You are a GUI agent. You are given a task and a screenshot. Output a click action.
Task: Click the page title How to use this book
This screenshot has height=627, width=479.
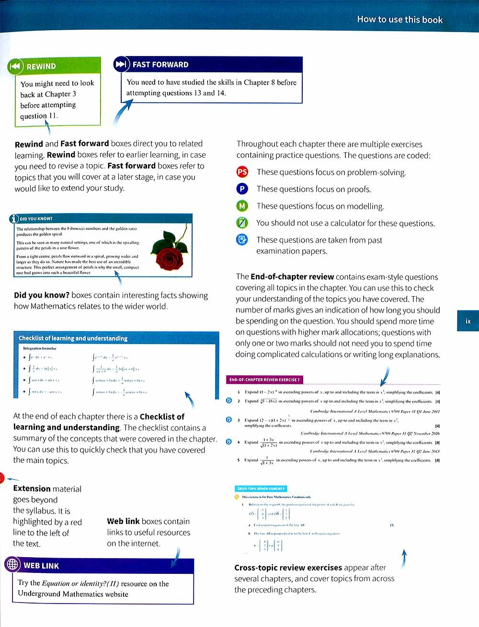pyautogui.click(x=399, y=20)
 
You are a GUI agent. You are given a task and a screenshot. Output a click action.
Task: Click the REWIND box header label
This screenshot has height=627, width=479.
pyautogui.click(x=41, y=67)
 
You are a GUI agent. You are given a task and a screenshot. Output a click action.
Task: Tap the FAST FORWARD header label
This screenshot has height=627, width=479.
pyautogui.click(x=160, y=65)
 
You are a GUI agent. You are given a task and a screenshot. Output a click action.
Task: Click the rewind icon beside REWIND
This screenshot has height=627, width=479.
pyautogui.click(x=15, y=66)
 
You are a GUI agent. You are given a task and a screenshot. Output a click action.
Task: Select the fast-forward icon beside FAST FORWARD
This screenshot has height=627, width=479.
pyautogui.click(x=121, y=64)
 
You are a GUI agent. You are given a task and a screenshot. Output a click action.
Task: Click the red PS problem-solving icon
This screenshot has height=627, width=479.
pyautogui.click(x=242, y=172)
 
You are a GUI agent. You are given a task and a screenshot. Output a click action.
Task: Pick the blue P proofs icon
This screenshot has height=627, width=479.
pyautogui.click(x=242, y=189)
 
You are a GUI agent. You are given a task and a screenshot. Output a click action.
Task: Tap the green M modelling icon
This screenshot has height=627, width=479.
pyautogui.click(x=242, y=206)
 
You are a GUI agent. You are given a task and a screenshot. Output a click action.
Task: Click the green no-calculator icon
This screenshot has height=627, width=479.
pyautogui.click(x=242, y=223)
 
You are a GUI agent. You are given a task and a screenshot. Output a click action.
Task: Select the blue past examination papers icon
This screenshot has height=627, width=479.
pyautogui.click(x=242, y=239)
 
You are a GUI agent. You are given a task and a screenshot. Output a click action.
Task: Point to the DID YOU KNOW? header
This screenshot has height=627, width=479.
pyautogui.click(x=36, y=219)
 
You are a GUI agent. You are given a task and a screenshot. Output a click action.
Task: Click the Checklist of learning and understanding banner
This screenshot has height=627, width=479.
pyautogui.click(x=73, y=338)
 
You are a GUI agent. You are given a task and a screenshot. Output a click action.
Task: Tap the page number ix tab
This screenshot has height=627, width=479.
pyautogui.click(x=468, y=321)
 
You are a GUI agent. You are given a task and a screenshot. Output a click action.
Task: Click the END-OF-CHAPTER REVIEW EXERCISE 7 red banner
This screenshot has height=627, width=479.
pyautogui.click(x=264, y=380)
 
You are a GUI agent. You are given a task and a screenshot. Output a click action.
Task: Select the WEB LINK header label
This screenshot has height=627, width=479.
pyautogui.click(x=41, y=566)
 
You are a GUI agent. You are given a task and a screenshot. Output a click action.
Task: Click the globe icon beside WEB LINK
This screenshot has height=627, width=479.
pyautogui.click(x=12, y=565)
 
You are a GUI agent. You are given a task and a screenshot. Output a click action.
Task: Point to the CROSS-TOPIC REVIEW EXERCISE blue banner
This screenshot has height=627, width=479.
pyautogui.click(x=261, y=489)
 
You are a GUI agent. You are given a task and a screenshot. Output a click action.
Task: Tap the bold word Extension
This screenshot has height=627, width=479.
pyautogui.click(x=32, y=489)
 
